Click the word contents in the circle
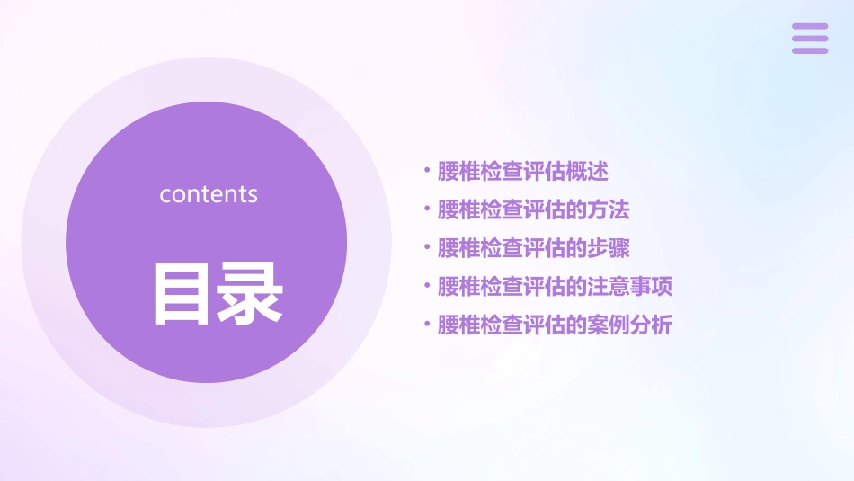click(x=209, y=194)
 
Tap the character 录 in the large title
click(x=250, y=292)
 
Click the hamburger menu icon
click(x=809, y=39)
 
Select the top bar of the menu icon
click(x=809, y=27)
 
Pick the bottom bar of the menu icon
click(x=809, y=50)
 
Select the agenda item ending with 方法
click(x=533, y=209)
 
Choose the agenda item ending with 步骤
click(x=533, y=248)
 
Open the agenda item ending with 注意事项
click(x=555, y=287)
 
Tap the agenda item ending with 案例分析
click(x=555, y=325)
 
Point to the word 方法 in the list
click(x=609, y=209)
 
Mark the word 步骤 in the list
click(x=609, y=248)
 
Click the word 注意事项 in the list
click(x=630, y=287)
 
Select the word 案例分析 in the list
click(x=630, y=325)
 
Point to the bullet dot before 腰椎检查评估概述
click(x=427, y=170)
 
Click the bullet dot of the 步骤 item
click(x=427, y=247)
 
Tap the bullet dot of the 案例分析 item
click(x=427, y=324)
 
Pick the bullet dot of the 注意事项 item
click(x=427, y=286)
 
